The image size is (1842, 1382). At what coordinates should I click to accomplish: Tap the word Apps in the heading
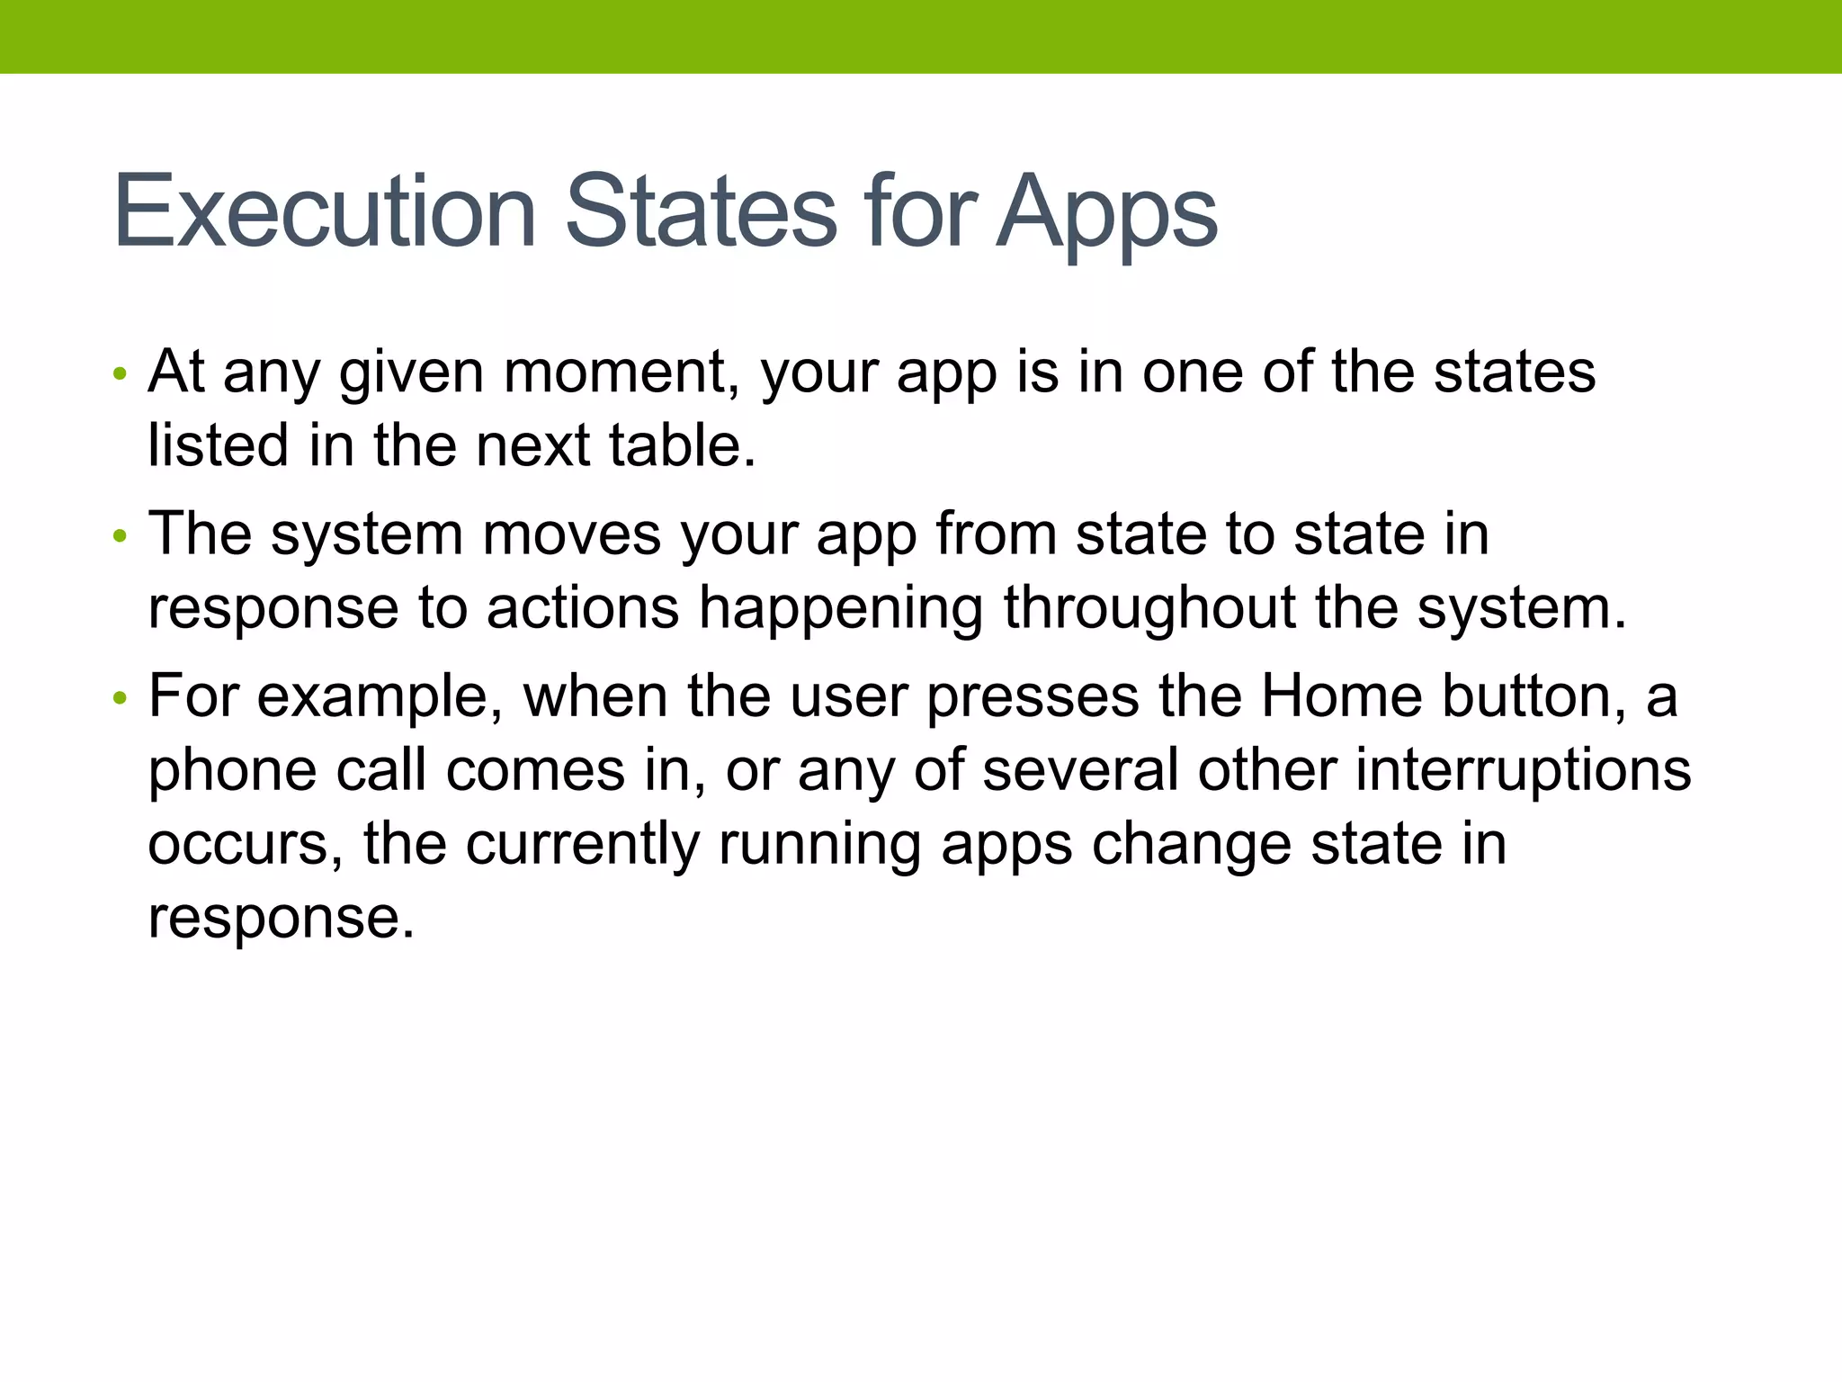pyautogui.click(x=1107, y=214)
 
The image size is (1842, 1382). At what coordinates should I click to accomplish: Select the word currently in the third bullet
pyautogui.click(x=582, y=846)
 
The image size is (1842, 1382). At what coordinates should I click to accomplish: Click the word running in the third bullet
pyautogui.click(x=819, y=846)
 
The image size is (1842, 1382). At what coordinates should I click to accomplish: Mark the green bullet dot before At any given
pyautogui.click(x=120, y=373)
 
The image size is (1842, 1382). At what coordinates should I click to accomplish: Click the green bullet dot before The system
pyautogui.click(x=120, y=537)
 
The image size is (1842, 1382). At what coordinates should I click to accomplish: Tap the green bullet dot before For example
pyautogui.click(x=120, y=698)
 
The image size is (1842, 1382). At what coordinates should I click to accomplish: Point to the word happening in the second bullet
pyautogui.click(x=841, y=609)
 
